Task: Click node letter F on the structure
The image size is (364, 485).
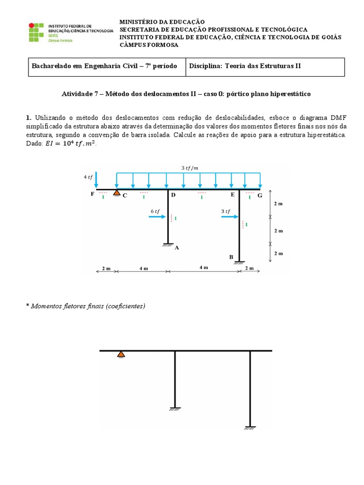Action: (92, 194)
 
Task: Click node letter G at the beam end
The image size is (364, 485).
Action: (260, 195)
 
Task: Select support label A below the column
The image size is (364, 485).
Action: (177, 247)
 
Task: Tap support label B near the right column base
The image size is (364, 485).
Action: (231, 258)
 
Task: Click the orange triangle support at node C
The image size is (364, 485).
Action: (116, 192)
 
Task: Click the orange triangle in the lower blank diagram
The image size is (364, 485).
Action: (121, 354)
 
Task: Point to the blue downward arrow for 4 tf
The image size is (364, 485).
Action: (96, 180)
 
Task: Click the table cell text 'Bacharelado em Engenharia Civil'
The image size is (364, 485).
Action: (104, 66)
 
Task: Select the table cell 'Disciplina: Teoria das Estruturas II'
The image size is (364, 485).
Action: (245, 66)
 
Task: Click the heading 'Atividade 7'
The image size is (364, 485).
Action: (186, 94)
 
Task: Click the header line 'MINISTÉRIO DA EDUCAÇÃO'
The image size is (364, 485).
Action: (162, 22)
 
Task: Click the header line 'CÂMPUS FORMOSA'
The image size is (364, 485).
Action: (149, 45)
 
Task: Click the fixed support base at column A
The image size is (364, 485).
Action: (168, 245)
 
